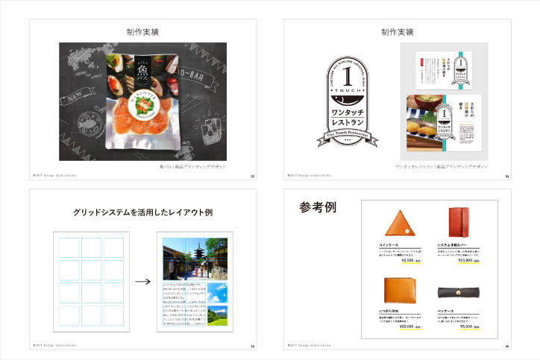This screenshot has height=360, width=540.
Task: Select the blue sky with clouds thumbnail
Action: [x=217, y=291]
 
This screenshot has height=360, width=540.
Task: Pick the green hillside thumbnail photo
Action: [x=217, y=318]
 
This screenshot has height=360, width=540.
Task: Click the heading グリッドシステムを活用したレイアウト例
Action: [x=142, y=212]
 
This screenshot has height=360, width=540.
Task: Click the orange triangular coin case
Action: [x=397, y=222]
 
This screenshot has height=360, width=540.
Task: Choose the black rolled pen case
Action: [x=460, y=293]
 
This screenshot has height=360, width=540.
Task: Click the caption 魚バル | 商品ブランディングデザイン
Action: [x=192, y=167]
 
